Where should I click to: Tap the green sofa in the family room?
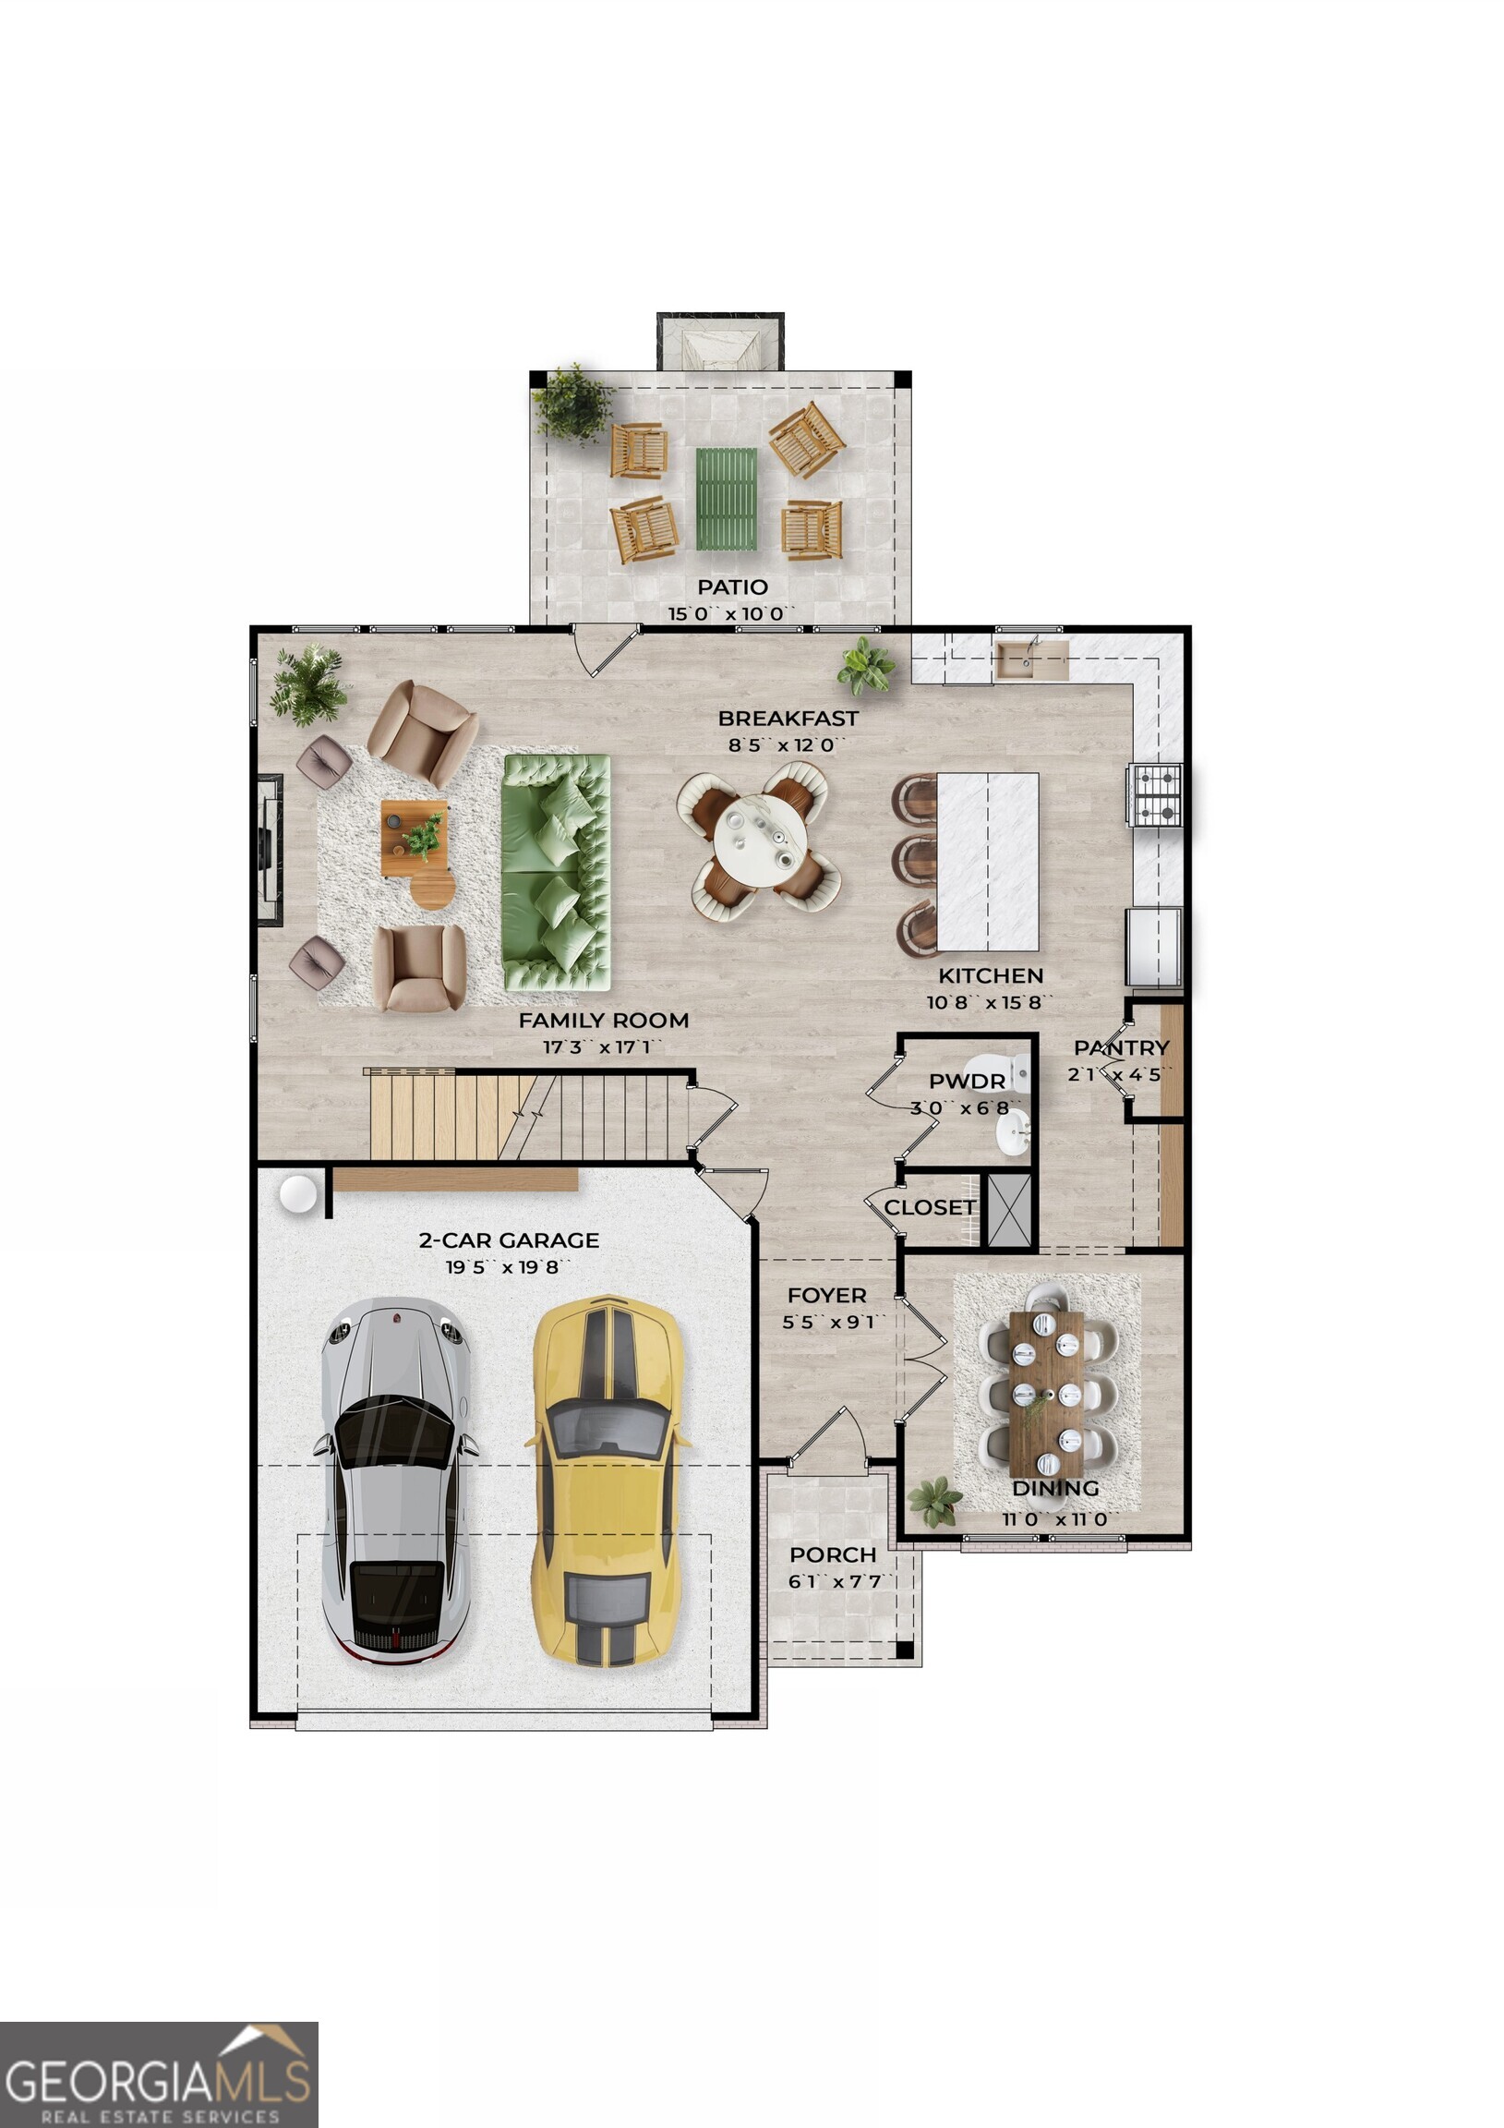556,872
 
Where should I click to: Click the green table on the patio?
727,500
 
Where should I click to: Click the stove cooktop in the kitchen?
1156,794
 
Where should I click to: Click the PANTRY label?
1121,1047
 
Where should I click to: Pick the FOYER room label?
826,1295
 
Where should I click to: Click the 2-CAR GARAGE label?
509,1239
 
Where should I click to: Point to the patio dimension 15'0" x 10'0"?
732,613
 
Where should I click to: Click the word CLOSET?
930,1208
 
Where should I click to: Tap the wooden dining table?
1046,1395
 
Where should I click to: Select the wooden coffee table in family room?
415,838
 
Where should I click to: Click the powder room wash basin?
1014,1132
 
